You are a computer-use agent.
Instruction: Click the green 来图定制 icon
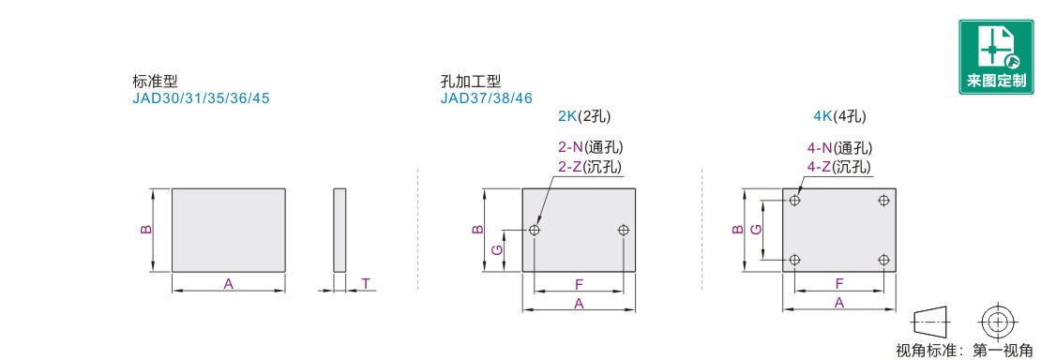click(x=995, y=56)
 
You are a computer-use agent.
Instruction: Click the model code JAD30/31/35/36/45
click(x=201, y=98)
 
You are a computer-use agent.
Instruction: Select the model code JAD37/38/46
click(x=486, y=98)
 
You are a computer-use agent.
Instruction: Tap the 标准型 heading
click(x=151, y=81)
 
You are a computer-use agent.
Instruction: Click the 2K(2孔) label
click(x=584, y=116)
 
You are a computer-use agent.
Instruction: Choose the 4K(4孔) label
click(x=840, y=116)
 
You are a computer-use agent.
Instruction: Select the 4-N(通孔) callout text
click(x=840, y=149)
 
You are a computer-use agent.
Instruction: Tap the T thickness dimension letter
click(x=366, y=284)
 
